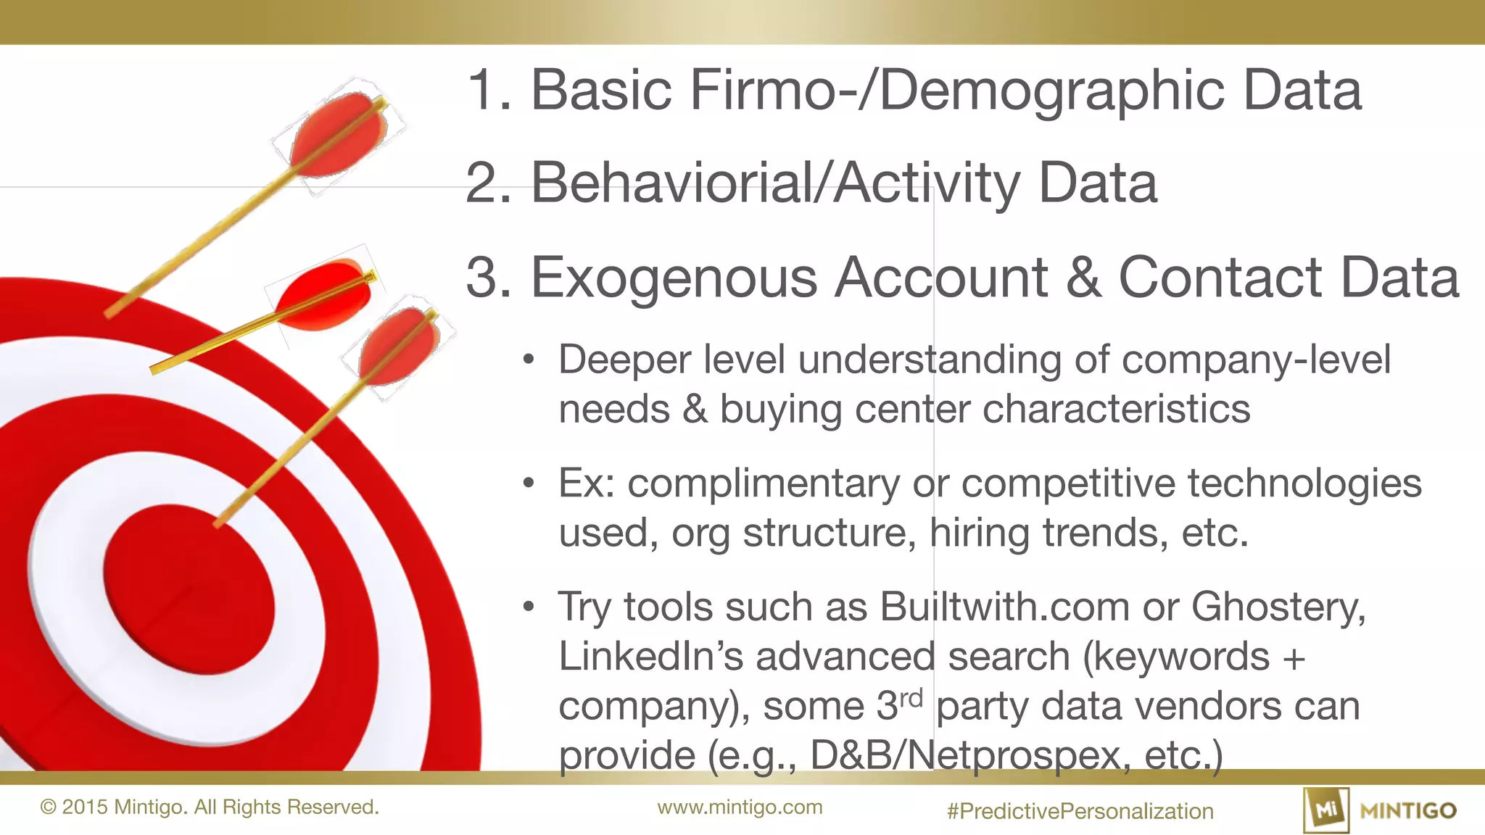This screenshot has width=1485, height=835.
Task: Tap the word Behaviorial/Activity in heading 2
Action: click(x=776, y=183)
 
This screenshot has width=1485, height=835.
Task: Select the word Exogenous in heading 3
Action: click(x=674, y=278)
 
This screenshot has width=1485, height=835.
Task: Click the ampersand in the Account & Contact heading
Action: click(x=1083, y=278)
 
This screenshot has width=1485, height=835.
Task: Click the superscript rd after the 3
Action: click(x=911, y=699)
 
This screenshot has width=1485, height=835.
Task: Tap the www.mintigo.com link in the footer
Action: click(x=740, y=807)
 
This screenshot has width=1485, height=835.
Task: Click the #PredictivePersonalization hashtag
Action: click(x=1080, y=811)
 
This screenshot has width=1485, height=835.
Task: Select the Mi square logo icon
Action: click(x=1326, y=810)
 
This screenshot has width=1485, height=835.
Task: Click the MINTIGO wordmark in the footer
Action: click(x=1408, y=810)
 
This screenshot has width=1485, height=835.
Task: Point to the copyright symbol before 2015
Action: click(x=49, y=807)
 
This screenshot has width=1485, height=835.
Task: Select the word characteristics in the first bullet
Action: click(x=1117, y=410)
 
